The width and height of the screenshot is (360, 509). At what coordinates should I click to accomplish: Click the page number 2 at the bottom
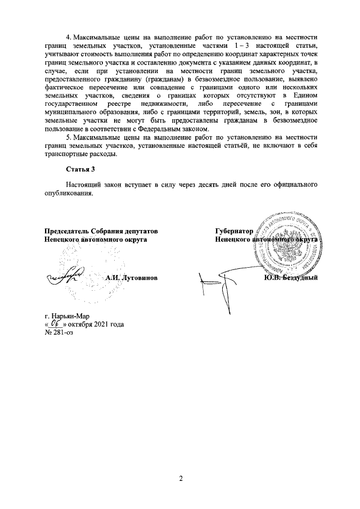(180, 479)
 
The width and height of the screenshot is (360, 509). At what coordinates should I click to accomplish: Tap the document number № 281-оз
(58, 332)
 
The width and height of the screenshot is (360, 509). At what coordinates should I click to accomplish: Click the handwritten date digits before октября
(55, 323)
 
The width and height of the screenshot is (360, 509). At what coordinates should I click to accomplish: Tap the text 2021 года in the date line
(109, 324)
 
